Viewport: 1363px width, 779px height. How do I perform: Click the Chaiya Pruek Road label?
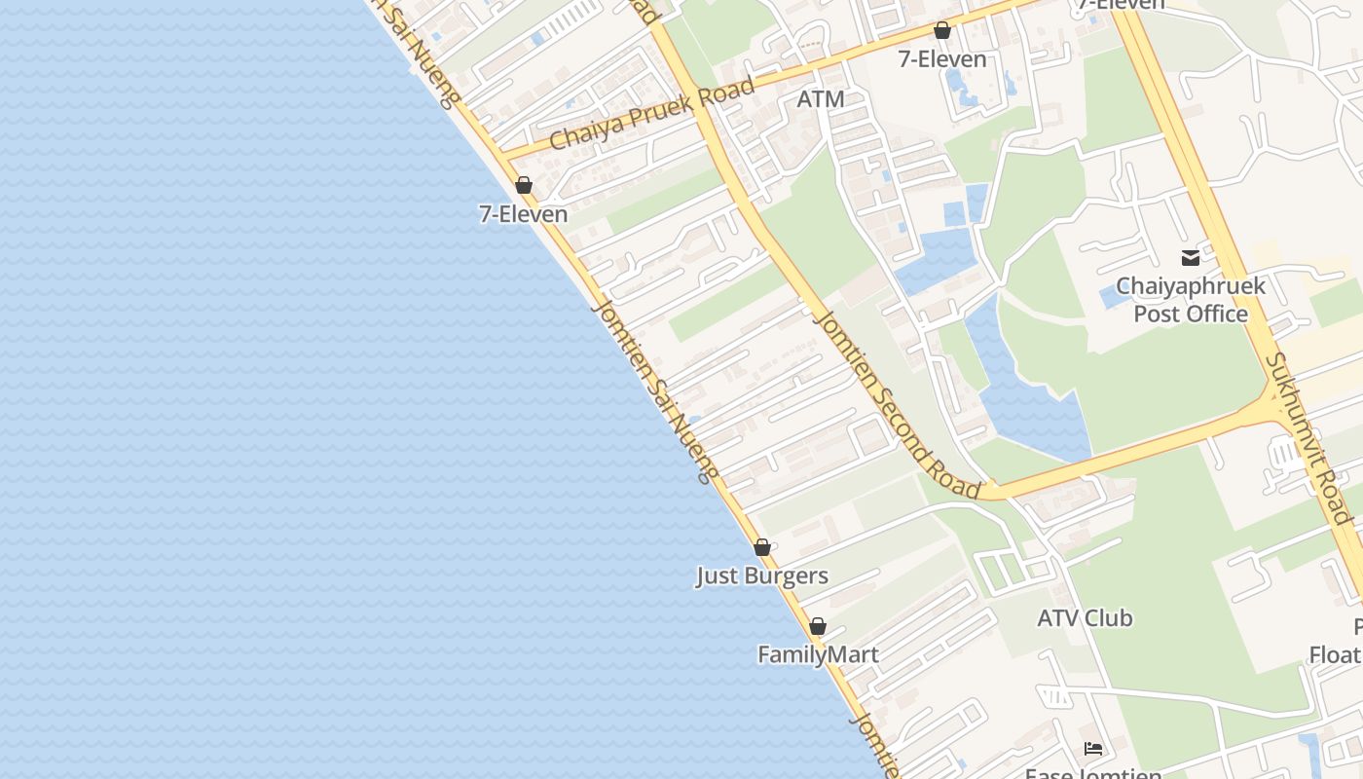pos(651,114)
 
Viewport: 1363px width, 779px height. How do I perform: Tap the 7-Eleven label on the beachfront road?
pos(523,214)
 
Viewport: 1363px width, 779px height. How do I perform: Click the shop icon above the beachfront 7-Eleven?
pos(524,185)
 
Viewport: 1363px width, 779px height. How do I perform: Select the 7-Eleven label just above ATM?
pos(941,59)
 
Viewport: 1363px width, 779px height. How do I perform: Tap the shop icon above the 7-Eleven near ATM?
pos(941,30)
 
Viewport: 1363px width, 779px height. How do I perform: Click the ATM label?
pos(820,99)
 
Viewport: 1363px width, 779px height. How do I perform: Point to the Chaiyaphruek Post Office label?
pos(1190,300)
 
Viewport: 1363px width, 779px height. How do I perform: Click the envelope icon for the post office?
pos(1190,258)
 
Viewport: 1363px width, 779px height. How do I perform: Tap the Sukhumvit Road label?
pos(1313,438)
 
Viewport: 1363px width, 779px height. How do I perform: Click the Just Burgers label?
pos(761,576)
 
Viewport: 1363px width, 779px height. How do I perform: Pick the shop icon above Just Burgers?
pos(762,547)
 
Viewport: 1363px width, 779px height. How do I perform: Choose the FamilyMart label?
pos(818,655)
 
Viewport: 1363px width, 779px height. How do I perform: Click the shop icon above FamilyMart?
pos(818,626)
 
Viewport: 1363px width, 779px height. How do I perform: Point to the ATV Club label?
pos(1085,618)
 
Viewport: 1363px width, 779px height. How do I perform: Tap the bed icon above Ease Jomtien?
pos(1093,749)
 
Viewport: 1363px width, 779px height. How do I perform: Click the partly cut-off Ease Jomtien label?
pos(1093,773)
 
